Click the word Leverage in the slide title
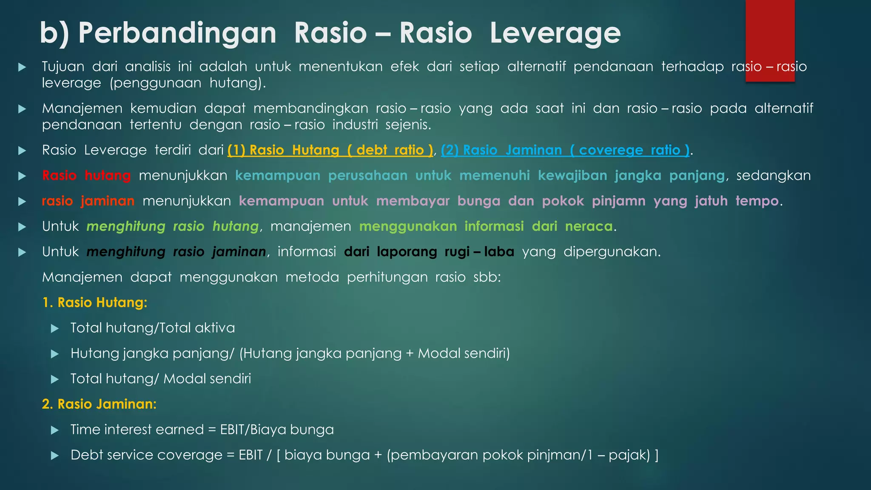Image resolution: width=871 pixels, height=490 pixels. [x=555, y=33]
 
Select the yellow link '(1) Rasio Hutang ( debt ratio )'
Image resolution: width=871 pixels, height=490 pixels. [x=330, y=150]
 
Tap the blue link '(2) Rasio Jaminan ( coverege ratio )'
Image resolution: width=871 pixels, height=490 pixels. [x=565, y=150]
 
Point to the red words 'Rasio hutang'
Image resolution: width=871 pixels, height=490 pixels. [x=86, y=176]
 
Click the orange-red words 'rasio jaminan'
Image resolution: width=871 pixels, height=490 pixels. [x=88, y=201]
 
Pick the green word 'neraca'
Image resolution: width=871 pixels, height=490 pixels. [x=589, y=226]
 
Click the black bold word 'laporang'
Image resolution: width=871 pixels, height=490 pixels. [x=407, y=252]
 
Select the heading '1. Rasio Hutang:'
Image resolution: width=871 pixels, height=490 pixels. [x=95, y=302]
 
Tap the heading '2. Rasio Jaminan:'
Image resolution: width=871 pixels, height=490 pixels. [x=99, y=404]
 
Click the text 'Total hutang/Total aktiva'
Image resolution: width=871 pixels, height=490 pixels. [x=152, y=328]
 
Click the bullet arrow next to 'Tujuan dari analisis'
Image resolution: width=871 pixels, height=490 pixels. [x=22, y=67]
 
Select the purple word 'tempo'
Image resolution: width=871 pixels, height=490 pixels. [x=757, y=201]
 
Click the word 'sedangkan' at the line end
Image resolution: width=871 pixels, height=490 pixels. [x=773, y=176]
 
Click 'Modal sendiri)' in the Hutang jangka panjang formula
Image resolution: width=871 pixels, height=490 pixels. [x=464, y=353]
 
